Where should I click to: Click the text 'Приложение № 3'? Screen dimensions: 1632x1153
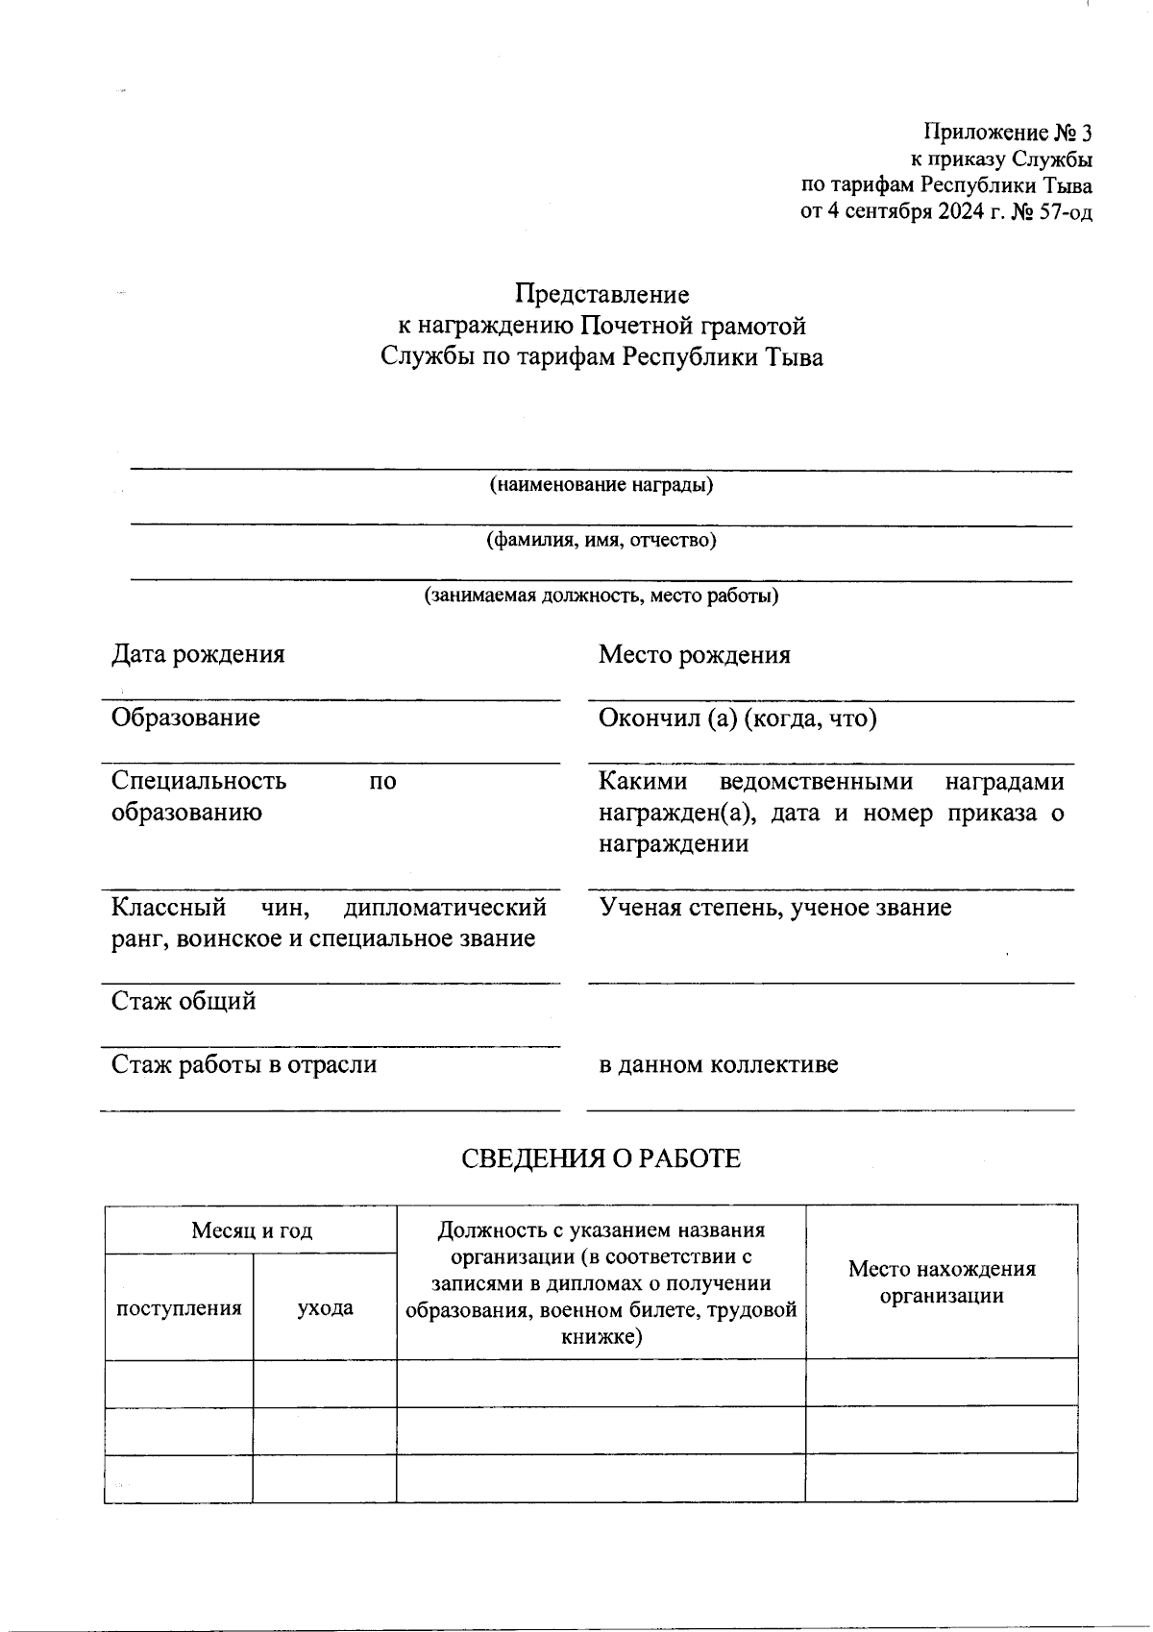click(1008, 133)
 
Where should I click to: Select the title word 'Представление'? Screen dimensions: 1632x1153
click(601, 294)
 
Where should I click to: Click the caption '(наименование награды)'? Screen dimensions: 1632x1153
click(601, 485)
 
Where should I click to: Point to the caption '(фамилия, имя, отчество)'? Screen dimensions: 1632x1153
click(601, 540)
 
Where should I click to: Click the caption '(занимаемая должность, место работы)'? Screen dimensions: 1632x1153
click(601, 596)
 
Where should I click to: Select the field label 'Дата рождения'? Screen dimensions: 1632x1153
click(198, 655)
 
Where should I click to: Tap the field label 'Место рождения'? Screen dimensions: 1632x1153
click(694, 656)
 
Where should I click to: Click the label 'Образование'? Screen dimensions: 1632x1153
click(185, 719)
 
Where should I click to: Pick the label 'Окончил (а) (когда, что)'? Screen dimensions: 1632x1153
click(737, 719)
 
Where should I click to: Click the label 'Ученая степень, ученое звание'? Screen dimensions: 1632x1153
click(774, 908)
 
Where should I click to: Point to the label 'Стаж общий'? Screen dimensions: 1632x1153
click(184, 1002)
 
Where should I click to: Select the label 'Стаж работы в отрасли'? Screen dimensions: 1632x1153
click(244, 1065)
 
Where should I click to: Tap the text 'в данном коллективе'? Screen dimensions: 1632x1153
click(718, 1065)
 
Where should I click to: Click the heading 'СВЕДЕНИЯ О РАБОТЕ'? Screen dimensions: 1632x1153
click(601, 1158)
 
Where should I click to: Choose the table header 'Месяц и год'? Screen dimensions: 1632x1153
click(251, 1230)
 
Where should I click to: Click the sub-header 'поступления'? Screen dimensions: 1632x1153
click(179, 1308)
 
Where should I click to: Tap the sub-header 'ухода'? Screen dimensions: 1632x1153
click(325, 1308)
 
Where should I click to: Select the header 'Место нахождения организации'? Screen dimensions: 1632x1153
click(941, 1282)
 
